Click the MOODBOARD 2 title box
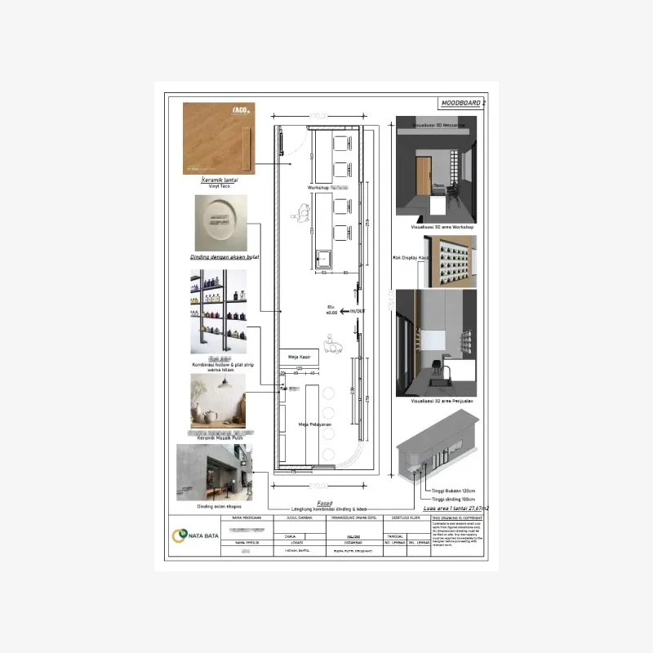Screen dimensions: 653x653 462,103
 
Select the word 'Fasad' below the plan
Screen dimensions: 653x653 300,503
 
